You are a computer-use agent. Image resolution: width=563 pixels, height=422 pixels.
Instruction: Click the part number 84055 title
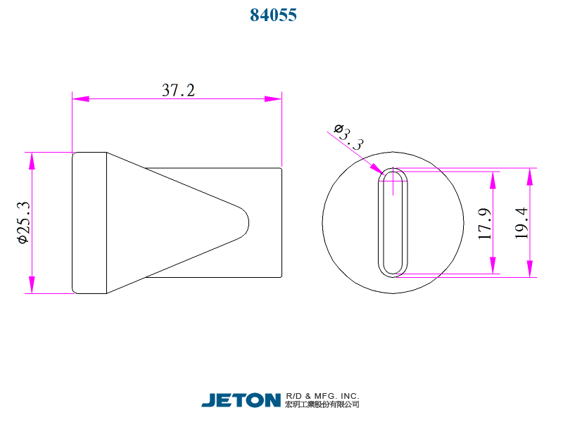click(x=274, y=15)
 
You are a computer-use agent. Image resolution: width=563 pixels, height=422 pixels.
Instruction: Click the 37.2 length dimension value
click(x=178, y=90)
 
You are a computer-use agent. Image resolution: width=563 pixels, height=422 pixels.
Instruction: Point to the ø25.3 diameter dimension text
click(x=23, y=222)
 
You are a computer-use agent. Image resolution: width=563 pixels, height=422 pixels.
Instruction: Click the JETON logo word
click(x=241, y=400)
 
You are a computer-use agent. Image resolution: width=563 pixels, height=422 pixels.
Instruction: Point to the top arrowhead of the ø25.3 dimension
click(x=31, y=161)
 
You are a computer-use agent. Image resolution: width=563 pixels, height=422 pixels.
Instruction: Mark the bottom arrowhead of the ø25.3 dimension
click(x=31, y=284)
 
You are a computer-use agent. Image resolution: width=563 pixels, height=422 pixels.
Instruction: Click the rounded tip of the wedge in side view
click(x=246, y=222)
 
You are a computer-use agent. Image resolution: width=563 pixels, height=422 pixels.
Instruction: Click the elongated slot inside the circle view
click(x=393, y=222)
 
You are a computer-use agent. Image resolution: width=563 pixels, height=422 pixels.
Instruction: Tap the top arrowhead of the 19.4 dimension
click(x=529, y=177)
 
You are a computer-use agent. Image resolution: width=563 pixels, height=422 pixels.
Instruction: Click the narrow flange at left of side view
click(x=89, y=222)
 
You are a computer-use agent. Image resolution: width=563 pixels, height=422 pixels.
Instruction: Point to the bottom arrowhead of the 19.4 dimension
click(x=529, y=268)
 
